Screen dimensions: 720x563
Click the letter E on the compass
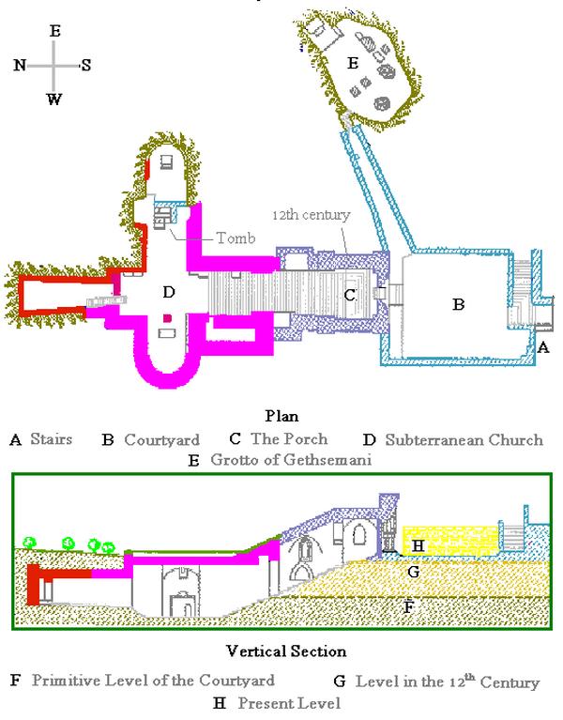[x=54, y=31]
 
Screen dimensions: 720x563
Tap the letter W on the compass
[x=54, y=100]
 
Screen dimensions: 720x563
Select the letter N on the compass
[x=20, y=65]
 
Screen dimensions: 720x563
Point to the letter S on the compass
[x=85, y=65]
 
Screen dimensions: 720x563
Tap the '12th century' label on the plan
[x=312, y=215]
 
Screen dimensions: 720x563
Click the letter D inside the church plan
[x=169, y=293]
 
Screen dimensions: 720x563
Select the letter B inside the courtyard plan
[x=459, y=304]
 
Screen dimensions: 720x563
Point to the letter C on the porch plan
[x=349, y=294]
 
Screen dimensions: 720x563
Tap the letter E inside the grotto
[x=352, y=63]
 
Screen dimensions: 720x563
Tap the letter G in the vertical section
[x=411, y=569]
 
